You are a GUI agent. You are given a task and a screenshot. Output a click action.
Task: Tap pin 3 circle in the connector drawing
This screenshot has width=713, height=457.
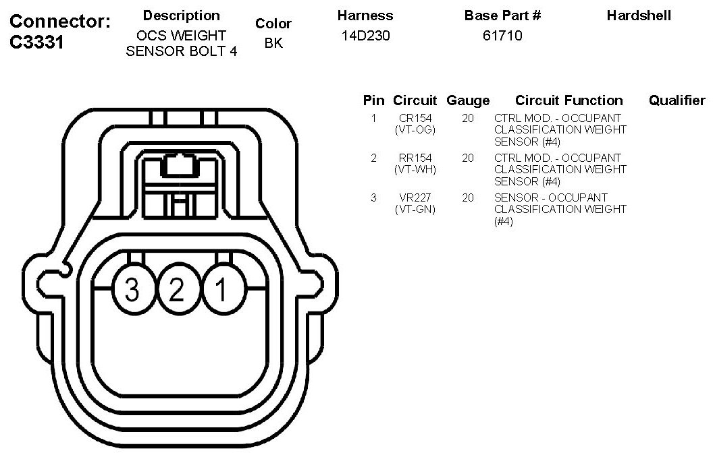tap(132, 291)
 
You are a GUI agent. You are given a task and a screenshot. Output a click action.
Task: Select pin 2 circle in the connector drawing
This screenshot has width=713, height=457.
tap(176, 291)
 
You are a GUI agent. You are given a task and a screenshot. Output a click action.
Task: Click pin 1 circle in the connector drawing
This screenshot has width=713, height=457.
tap(221, 291)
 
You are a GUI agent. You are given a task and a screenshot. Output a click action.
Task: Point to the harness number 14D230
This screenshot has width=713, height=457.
tap(365, 36)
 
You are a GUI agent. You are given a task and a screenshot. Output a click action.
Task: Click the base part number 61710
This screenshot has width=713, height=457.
tap(502, 36)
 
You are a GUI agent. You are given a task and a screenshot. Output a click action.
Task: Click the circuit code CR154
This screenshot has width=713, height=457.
tap(415, 118)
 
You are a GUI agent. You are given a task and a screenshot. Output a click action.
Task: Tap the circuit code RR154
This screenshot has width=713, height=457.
tap(415, 158)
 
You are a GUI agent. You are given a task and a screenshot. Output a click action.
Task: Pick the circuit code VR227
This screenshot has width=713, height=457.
tap(415, 197)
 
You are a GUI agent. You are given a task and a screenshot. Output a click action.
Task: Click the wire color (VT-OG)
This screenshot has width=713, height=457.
tap(415, 129)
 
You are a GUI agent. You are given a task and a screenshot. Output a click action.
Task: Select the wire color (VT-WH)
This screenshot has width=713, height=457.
tap(415, 169)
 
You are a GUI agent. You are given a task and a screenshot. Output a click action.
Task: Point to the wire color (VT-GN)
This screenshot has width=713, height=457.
tap(415, 209)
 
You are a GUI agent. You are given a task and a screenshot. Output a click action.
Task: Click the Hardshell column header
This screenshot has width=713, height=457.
tap(639, 16)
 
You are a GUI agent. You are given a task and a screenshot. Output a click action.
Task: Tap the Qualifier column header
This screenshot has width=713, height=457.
tap(677, 100)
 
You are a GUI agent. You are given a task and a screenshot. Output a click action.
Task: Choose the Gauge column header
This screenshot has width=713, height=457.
tap(468, 100)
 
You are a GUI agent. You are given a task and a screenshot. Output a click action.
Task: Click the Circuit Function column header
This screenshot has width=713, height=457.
tap(569, 100)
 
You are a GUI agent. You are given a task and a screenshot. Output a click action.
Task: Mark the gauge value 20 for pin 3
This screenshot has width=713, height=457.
tap(468, 197)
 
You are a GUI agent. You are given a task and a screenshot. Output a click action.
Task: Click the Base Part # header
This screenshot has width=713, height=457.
tap(502, 16)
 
